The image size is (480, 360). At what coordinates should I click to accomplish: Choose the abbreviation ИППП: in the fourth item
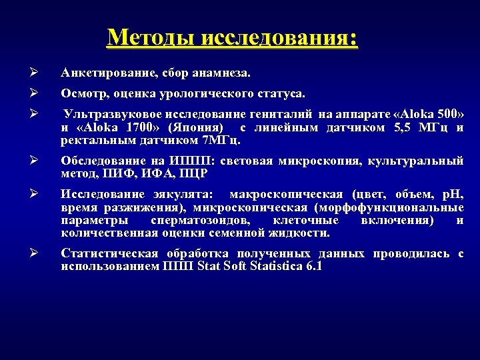[x=185, y=161]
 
